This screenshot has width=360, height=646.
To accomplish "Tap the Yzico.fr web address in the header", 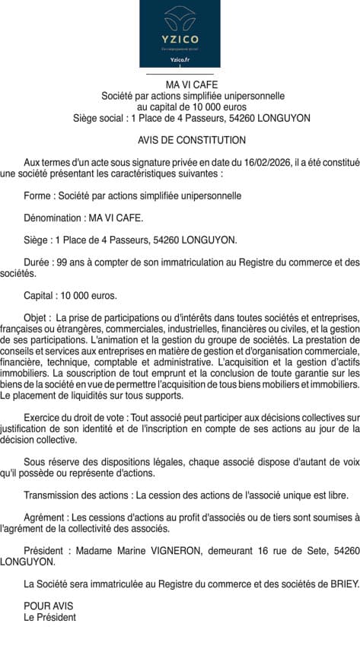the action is click(180, 59).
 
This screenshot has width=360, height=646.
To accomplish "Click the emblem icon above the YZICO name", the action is click(180, 18).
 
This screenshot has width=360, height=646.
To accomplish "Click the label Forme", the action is click(39, 196).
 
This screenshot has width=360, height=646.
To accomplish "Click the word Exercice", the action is click(43, 418).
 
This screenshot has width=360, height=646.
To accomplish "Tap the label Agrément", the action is click(46, 518).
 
